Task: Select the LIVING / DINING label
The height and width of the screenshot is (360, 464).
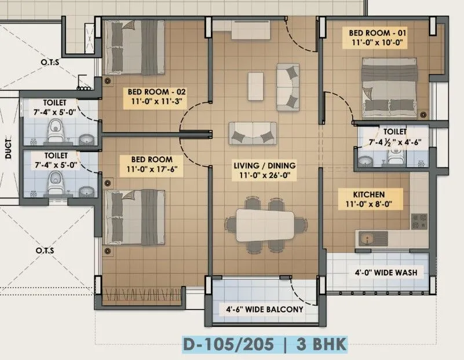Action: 265,166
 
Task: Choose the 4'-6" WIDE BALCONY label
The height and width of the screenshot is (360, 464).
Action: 265,310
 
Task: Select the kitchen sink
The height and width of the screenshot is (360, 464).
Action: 371,238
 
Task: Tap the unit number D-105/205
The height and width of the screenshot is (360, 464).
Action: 230,345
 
